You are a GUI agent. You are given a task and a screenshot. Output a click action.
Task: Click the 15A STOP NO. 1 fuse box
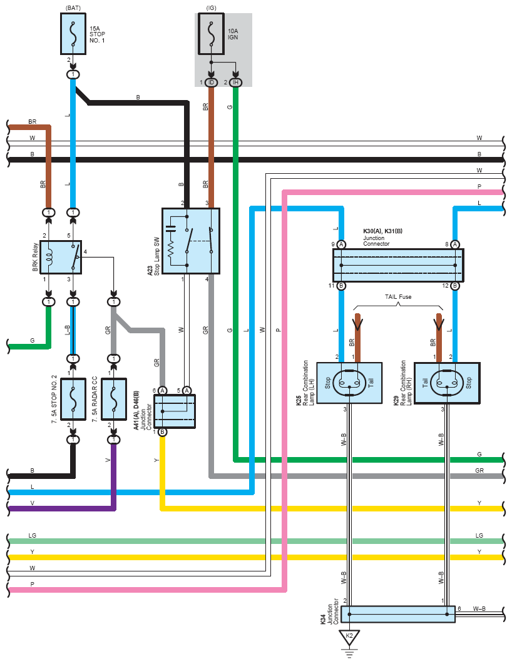click(73, 34)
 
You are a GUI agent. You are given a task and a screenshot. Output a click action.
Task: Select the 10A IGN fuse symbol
click(211, 34)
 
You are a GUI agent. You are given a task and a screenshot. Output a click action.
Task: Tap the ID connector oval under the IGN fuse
click(211, 82)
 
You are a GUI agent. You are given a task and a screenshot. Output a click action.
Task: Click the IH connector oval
click(235, 82)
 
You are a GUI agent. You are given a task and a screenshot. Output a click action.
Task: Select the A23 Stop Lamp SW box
click(191, 241)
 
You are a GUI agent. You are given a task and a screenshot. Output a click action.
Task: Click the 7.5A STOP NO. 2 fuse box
click(73, 400)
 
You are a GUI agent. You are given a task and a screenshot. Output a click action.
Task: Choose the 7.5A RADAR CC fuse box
click(113, 400)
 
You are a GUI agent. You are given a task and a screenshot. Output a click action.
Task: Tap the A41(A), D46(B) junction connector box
click(175, 411)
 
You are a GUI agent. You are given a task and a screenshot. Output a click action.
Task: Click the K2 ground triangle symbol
click(349, 637)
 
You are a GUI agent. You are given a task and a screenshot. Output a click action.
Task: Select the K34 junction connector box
click(398, 614)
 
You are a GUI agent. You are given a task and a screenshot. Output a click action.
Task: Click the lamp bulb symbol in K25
click(349, 383)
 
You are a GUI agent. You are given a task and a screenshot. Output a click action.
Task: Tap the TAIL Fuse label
click(398, 296)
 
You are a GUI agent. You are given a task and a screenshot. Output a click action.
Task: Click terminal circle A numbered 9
click(341, 244)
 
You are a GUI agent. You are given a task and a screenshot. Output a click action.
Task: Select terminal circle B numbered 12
click(455, 286)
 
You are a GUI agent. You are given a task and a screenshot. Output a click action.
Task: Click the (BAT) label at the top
click(73, 8)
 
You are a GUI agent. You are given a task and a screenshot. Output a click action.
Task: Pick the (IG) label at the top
click(211, 8)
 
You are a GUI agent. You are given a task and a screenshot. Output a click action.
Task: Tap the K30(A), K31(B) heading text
click(382, 231)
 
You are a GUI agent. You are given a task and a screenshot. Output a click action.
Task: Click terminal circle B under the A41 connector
click(162, 433)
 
